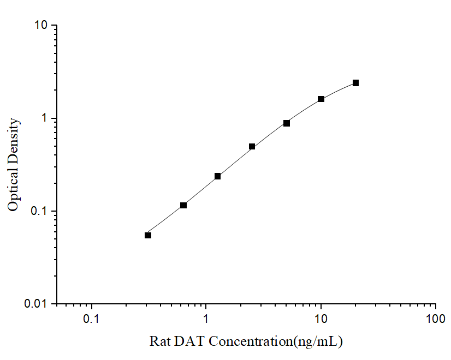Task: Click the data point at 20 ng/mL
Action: pos(355,83)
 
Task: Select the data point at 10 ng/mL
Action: pos(321,99)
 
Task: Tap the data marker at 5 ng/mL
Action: pos(287,123)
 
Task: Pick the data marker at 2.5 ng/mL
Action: pos(252,146)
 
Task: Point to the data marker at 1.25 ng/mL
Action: pos(217,176)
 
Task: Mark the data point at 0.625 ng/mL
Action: pos(183,205)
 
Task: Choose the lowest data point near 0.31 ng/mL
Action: pos(148,235)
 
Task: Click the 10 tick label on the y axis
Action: pos(42,26)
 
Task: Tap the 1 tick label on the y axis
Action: pos(46,118)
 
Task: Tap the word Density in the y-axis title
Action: pos(14,139)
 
